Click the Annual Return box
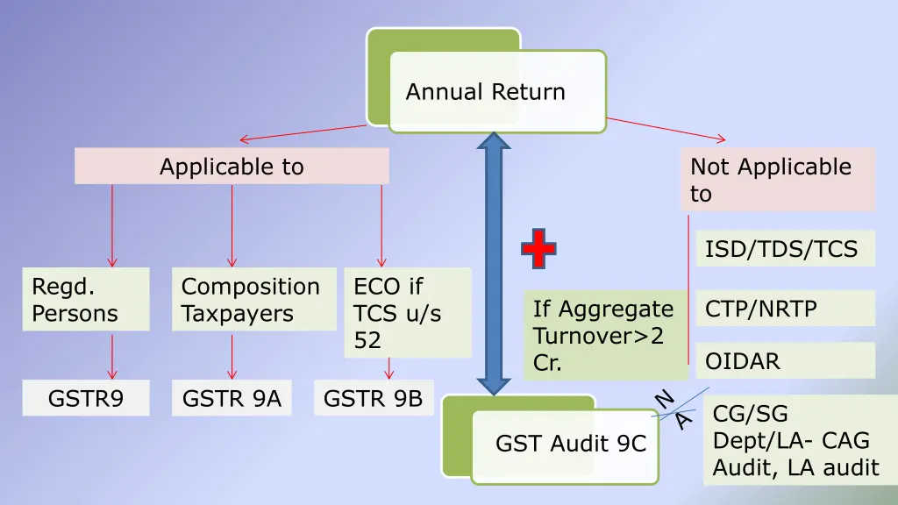pyautogui.click(x=497, y=91)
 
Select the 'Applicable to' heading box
pyautogui.click(x=232, y=166)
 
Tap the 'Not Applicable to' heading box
pyautogui.click(x=779, y=180)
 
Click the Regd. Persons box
pyautogui.click(x=86, y=300)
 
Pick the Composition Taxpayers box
pyautogui.click(x=254, y=300)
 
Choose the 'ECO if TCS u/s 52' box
pyautogui.click(x=408, y=313)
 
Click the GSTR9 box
pyautogui.click(x=86, y=398)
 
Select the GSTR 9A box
pyautogui.click(x=232, y=398)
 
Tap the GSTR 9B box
pyautogui.click(x=374, y=398)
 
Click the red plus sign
pyautogui.click(x=538, y=248)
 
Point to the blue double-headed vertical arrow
pyautogui.click(x=494, y=263)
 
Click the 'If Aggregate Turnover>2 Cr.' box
pyautogui.click(x=606, y=335)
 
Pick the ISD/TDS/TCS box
pyautogui.click(x=785, y=248)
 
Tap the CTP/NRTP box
pyautogui.click(x=785, y=308)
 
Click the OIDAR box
pyautogui.click(x=785, y=360)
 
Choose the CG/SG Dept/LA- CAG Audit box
pyautogui.click(x=800, y=440)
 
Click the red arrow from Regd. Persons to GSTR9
pyautogui.click(x=112, y=356)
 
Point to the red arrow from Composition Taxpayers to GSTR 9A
pyautogui.click(x=232, y=356)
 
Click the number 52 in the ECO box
pyautogui.click(x=367, y=340)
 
